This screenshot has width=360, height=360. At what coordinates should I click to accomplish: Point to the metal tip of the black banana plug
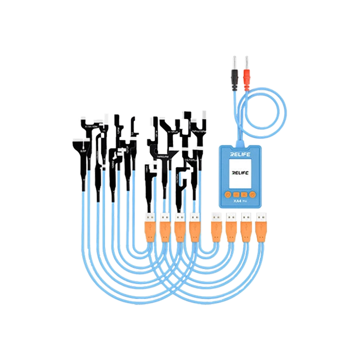pyautogui.click(x=236, y=61)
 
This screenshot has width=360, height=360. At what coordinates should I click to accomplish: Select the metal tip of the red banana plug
pyautogui.click(x=246, y=61)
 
